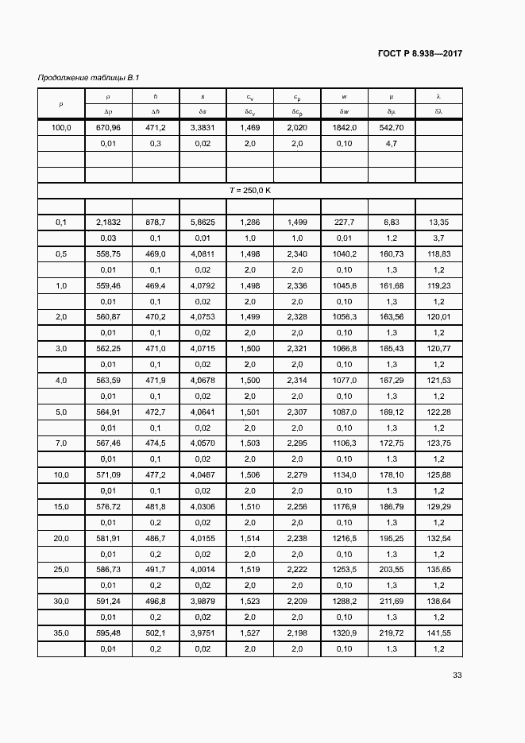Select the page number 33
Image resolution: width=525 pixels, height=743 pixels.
pos(457,675)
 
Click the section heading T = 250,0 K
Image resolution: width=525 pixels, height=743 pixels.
pos(250,191)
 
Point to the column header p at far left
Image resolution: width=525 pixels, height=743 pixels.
pos(61,104)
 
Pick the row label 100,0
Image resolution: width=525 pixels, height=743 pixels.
pos(61,128)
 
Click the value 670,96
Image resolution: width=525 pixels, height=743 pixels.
pos(108,128)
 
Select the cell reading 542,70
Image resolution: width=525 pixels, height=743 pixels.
pos(391,128)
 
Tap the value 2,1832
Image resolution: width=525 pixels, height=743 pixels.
pos(108,223)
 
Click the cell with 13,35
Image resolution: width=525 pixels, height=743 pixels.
pos(439,223)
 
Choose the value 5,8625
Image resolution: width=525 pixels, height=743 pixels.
pos(203,223)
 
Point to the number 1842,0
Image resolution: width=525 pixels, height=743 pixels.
pos(344,128)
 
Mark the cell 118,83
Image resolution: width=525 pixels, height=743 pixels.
pos(439,254)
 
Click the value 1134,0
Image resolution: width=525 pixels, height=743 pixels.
pos(344,475)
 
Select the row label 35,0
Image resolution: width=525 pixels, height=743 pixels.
pos(61,633)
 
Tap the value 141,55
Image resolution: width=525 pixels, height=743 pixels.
pos(439,633)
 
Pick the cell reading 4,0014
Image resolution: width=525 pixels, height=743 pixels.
pos(203,570)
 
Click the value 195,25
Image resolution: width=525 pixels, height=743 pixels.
pos(391,539)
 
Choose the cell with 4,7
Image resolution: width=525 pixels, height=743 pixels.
pos(391,144)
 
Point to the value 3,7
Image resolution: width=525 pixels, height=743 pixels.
pos(439,238)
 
